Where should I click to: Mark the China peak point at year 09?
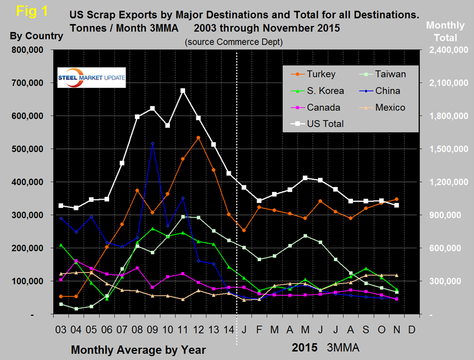point(152,144)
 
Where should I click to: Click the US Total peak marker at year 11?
point(183,91)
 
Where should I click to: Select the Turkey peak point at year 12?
point(198,138)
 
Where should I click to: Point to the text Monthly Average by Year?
point(138,349)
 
